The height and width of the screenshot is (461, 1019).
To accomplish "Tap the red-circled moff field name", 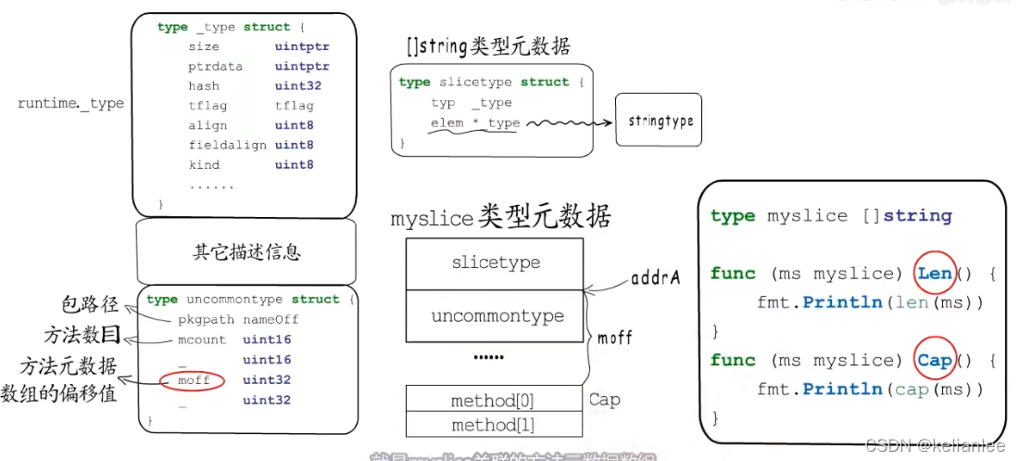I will point(195,380).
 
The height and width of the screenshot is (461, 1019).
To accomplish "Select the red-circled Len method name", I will point(935,273).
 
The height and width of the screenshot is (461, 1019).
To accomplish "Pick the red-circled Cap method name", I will point(935,360).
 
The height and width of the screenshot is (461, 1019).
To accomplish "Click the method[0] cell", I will point(494,401).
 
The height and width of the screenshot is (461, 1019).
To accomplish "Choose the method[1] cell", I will point(494,425).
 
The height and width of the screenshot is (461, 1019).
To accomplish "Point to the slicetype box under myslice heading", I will point(495,263).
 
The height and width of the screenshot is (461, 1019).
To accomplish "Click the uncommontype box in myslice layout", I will point(497,316).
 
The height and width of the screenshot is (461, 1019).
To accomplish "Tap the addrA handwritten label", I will point(656,276).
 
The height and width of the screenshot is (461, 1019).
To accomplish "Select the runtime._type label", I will point(70,104).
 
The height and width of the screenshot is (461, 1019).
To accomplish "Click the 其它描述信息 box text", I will point(246,251).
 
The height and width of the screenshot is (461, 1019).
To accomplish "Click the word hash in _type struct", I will point(204,86).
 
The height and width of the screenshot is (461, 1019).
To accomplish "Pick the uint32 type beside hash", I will point(297,86).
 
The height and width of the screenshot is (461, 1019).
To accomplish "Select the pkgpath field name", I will point(207,319).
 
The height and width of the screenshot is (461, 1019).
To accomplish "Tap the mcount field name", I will point(202,339).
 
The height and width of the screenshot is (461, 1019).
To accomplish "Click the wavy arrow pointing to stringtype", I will point(565,122).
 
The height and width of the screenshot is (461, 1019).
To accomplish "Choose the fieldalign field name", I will point(227,146).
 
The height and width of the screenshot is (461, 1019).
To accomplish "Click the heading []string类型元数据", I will point(488,45).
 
